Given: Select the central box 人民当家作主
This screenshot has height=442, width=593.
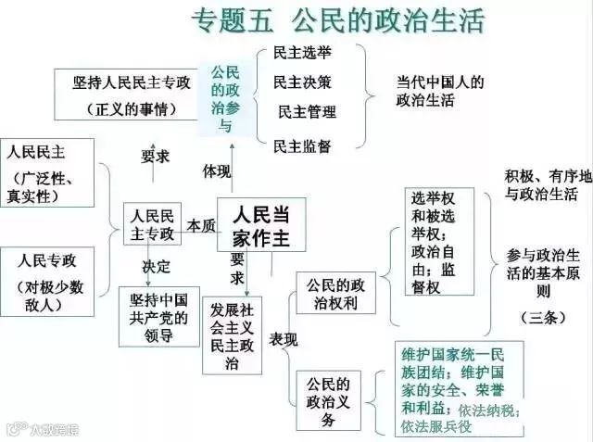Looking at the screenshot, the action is (x=260, y=225).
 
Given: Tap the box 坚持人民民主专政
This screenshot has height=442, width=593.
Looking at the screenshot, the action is (x=132, y=94).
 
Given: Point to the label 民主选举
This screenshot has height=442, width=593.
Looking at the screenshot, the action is (x=302, y=54).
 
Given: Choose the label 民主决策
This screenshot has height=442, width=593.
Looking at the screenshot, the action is (x=302, y=82).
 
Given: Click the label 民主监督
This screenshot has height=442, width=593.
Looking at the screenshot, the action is (x=302, y=145).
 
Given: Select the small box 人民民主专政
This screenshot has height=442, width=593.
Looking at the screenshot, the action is (x=152, y=223).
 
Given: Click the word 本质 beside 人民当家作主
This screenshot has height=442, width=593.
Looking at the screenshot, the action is (x=200, y=225).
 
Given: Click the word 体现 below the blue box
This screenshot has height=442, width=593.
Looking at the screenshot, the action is (x=217, y=171).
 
